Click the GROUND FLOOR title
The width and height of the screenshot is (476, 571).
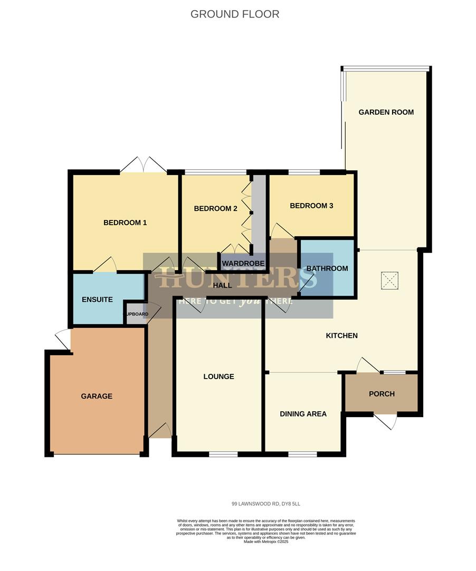click(x=235, y=14)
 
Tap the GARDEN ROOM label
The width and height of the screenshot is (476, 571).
click(x=386, y=112)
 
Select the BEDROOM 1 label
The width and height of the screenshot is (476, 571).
click(x=125, y=223)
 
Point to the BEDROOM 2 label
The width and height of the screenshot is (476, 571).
click(x=215, y=209)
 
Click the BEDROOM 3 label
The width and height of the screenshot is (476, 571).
click(x=311, y=206)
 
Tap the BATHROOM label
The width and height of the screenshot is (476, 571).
click(x=327, y=269)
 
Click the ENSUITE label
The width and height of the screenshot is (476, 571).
click(x=97, y=300)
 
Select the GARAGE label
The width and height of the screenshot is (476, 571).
click(x=97, y=396)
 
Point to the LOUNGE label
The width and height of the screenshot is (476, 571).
click(x=218, y=376)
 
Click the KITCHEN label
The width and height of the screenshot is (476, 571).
click(x=341, y=336)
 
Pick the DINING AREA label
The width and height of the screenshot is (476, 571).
click(x=303, y=414)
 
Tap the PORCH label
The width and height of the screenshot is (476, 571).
click(x=382, y=394)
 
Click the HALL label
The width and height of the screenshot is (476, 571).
click(x=223, y=285)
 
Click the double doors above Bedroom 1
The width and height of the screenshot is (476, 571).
click(x=143, y=165)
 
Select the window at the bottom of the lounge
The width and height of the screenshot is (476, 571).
click(x=223, y=454)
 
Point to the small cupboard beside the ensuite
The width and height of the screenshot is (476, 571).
click(x=136, y=314)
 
